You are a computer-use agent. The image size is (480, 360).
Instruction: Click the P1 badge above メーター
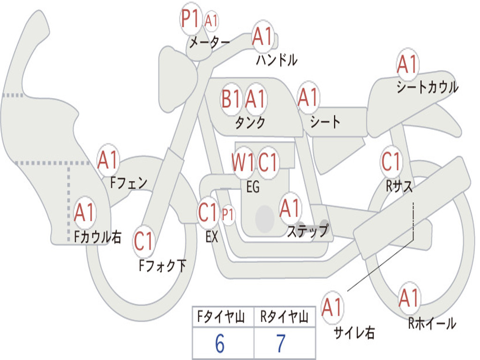click(x=191, y=19)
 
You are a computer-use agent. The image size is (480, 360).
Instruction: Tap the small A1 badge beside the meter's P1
click(x=211, y=21)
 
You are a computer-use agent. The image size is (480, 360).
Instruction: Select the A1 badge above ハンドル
click(x=262, y=36)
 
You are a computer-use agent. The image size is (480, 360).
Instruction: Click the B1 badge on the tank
click(x=231, y=99)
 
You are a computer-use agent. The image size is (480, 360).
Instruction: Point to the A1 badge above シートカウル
click(x=407, y=65)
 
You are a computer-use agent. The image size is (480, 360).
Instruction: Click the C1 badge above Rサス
click(x=391, y=162)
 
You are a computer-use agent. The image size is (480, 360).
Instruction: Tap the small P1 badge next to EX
click(x=228, y=215)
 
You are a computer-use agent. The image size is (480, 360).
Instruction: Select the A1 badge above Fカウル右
click(x=85, y=213)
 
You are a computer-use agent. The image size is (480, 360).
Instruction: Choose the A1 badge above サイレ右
click(x=332, y=307)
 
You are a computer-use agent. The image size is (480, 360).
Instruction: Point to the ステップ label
click(x=308, y=231)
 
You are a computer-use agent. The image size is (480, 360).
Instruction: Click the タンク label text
click(x=250, y=123)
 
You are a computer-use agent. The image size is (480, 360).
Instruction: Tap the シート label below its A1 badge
click(x=325, y=122)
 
